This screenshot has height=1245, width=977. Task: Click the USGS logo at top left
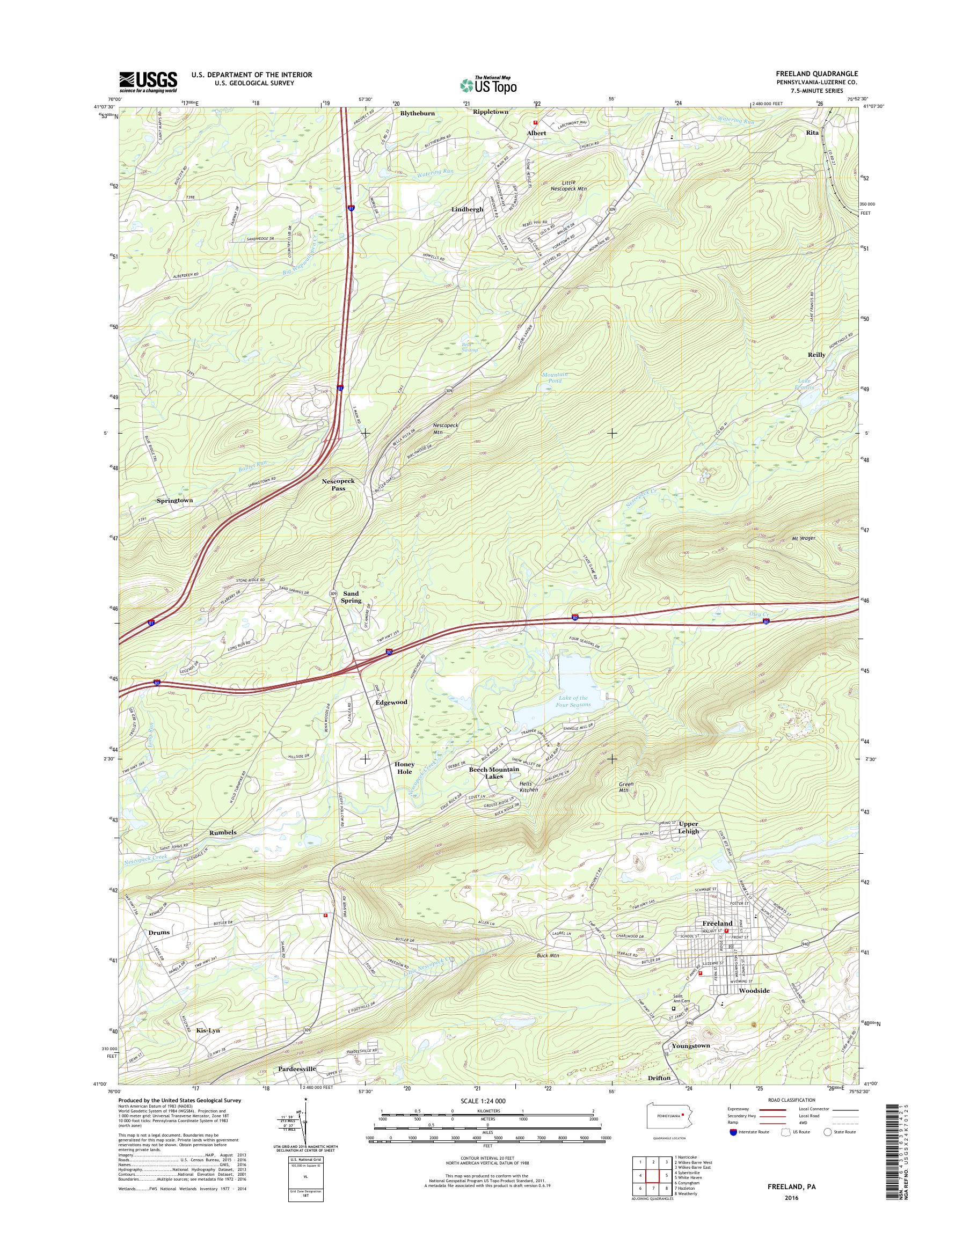point(148,82)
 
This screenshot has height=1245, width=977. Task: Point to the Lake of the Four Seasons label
point(564,702)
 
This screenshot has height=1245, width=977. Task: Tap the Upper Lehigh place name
point(688,827)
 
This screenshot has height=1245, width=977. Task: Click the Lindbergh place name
point(467,210)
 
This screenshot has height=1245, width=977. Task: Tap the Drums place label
point(159,932)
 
